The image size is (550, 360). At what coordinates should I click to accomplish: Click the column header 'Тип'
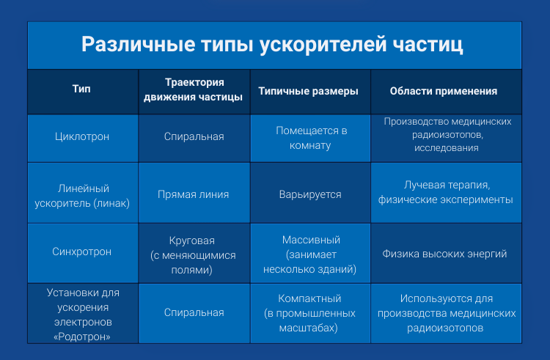pyautogui.click(x=82, y=91)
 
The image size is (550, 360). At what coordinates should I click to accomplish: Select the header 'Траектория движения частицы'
pyautogui.click(x=194, y=91)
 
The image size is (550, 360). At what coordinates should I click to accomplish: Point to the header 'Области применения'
pyautogui.click(x=444, y=92)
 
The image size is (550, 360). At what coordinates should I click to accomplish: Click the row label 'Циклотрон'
pyautogui.click(x=83, y=136)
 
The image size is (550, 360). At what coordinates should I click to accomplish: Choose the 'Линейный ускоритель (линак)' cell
pyautogui.click(x=83, y=194)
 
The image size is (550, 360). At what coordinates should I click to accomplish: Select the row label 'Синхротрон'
pyautogui.click(x=83, y=252)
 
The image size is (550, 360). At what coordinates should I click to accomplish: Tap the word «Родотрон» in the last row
pyautogui.click(x=83, y=337)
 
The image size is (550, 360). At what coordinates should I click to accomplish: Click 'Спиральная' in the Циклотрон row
pyautogui.click(x=194, y=136)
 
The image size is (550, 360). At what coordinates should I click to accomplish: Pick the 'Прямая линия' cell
pyautogui.click(x=194, y=194)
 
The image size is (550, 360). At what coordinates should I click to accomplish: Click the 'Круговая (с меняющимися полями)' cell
pyautogui.click(x=194, y=253)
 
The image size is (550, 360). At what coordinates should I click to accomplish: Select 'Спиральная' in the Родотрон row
pyautogui.click(x=194, y=312)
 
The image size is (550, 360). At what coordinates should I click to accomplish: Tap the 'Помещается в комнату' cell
pyautogui.click(x=311, y=137)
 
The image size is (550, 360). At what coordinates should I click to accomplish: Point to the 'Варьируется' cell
pyautogui.click(x=311, y=195)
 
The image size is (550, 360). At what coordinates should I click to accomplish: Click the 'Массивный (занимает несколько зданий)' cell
pyautogui.click(x=311, y=254)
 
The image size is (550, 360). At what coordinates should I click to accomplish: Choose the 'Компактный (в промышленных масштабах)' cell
pyautogui.click(x=311, y=313)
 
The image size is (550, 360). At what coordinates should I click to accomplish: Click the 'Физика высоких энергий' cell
pyautogui.click(x=445, y=254)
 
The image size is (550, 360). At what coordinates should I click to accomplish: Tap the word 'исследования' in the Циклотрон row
pyautogui.click(x=445, y=148)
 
